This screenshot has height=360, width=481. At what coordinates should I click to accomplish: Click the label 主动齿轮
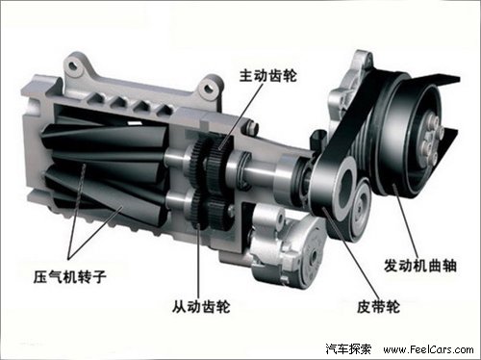[x=268, y=76]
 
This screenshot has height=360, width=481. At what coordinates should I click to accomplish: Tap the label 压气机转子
[x=69, y=276]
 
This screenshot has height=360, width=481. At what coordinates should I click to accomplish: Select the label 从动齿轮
[x=201, y=306]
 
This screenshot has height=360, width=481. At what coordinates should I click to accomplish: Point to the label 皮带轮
[x=378, y=307]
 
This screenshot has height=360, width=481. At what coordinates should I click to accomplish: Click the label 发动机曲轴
[x=420, y=266]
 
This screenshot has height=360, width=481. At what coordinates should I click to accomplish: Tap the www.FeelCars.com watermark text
[x=428, y=349]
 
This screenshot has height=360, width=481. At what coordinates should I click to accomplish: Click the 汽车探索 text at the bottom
[x=348, y=349]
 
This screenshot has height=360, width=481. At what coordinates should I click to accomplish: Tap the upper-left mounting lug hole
[x=73, y=65]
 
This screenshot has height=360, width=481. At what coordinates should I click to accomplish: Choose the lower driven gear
[x=210, y=210]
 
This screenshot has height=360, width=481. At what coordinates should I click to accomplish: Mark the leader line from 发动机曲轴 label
[x=406, y=220]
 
